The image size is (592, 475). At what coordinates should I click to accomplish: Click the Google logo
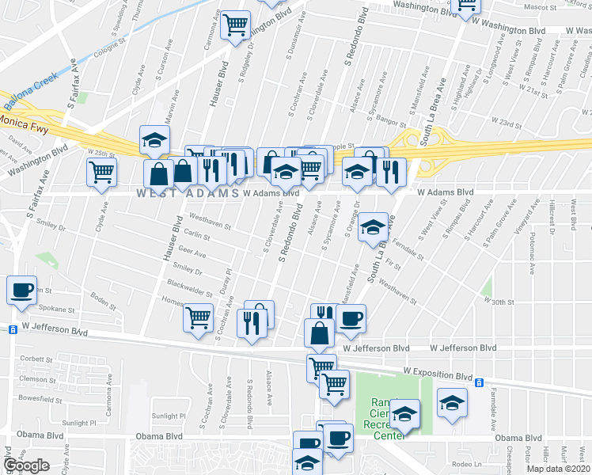coord(26,465)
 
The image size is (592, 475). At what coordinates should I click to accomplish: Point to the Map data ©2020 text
coord(557,469)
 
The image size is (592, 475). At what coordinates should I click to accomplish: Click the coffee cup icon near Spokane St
coord(22,290)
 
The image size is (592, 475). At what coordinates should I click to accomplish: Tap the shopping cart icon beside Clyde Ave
coord(102,172)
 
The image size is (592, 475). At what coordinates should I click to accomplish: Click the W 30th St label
coord(499,302)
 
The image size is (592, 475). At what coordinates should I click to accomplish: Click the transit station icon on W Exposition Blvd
coord(479,383)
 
